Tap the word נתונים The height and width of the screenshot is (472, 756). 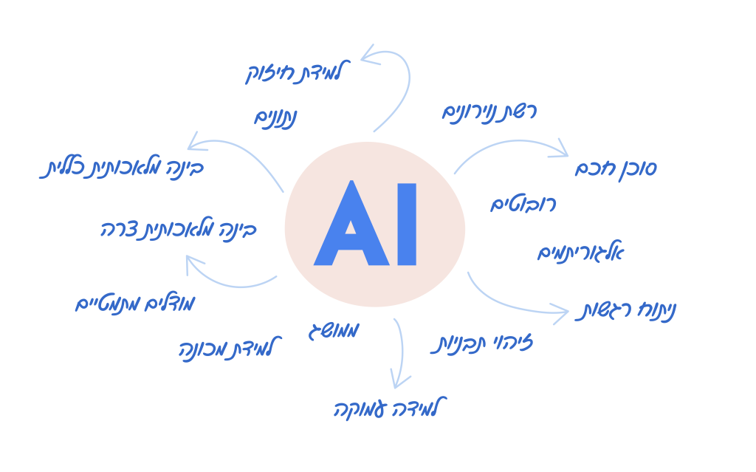276,117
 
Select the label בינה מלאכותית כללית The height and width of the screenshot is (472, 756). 122,168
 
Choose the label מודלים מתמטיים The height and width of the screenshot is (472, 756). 135,303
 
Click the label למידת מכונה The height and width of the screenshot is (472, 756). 226,349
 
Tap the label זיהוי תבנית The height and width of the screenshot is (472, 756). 481,343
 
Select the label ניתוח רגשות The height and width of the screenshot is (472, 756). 625,311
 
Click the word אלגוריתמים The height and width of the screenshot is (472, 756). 580,253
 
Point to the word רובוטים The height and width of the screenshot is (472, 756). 523,205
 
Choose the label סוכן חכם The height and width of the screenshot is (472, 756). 616,168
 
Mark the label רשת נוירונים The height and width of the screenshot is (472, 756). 489,112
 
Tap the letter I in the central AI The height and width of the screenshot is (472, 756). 407,224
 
